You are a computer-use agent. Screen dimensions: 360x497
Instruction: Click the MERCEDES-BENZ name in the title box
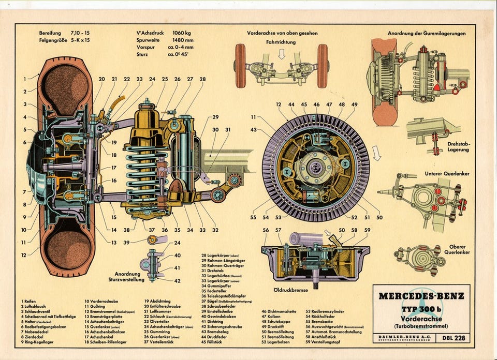421,296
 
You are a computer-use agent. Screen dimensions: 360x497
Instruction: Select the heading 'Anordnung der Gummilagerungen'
426,33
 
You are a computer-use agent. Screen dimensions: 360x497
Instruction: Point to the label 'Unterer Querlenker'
447,174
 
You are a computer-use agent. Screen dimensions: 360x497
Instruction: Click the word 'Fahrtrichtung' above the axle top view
282,42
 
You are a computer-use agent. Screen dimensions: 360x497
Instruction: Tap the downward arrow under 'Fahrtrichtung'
282,53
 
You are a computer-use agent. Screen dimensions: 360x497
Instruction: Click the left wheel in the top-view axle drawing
240,66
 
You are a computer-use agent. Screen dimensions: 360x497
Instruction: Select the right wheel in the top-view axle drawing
322,66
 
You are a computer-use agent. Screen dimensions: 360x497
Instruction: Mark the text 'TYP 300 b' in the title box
421,309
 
